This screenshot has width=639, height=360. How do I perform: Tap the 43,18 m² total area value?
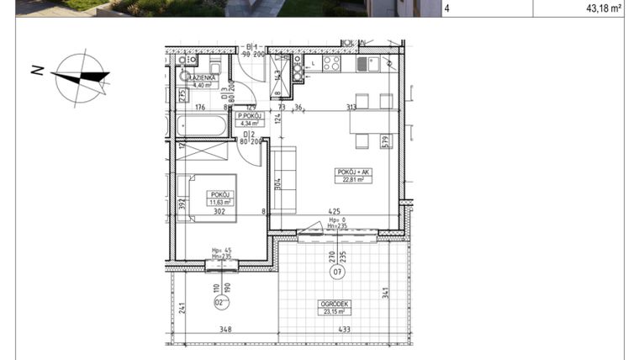pyautogui.click(x=598, y=8)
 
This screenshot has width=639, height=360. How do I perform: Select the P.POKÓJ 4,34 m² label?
pyautogui.click(x=251, y=119)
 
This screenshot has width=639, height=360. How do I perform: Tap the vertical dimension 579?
pyautogui.click(x=385, y=142)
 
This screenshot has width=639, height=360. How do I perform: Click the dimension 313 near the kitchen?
pyautogui.click(x=351, y=107)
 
